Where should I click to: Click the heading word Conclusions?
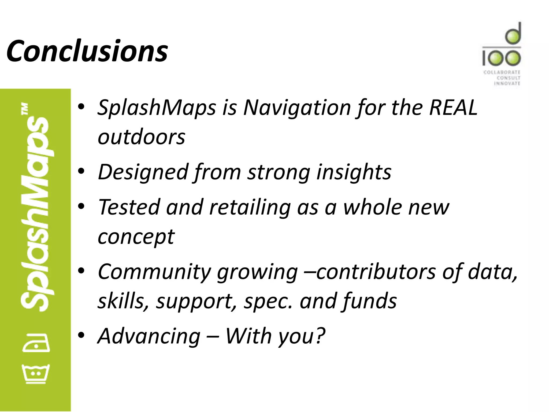click(x=87, y=51)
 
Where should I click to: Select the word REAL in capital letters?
click(x=453, y=107)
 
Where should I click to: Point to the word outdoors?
click(x=141, y=137)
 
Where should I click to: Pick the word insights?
click(x=354, y=172)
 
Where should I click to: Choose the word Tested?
click(x=129, y=207)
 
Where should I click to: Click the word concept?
click(x=136, y=237)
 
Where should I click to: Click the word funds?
click(x=369, y=301)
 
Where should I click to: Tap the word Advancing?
click(x=149, y=336)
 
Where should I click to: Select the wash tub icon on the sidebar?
click(x=36, y=374)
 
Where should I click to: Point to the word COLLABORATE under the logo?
click(x=502, y=72)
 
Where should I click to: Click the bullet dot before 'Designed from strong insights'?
click(x=81, y=171)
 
